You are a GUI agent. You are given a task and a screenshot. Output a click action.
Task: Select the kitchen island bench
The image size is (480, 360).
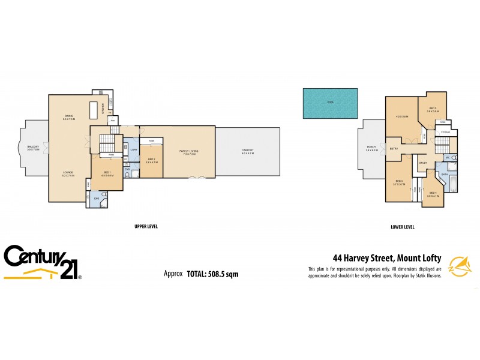point(93,110)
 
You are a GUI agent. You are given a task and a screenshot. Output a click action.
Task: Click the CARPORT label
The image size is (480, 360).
point(247,151)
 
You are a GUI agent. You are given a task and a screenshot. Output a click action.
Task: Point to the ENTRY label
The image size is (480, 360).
point(394,148)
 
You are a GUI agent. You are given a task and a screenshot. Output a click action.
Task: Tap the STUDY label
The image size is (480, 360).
point(422,163)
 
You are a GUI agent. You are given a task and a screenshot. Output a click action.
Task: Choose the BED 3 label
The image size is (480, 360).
point(398,182)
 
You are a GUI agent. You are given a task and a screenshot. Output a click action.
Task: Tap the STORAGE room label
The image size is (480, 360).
point(446,132)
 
